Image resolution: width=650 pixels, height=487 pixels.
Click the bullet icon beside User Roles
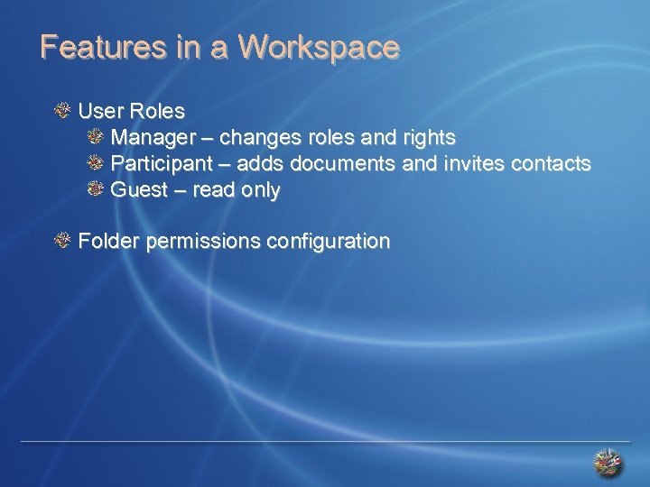click(62, 111)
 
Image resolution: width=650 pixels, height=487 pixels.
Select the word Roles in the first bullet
click(157, 112)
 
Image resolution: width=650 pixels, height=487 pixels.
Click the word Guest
click(139, 190)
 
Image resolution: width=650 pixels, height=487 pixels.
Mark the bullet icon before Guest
click(97, 189)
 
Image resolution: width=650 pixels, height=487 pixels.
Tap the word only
click(260, 191)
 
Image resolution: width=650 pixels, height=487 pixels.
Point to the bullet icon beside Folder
click(62, 241)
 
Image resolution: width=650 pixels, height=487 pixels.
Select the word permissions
click(201, 243)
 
